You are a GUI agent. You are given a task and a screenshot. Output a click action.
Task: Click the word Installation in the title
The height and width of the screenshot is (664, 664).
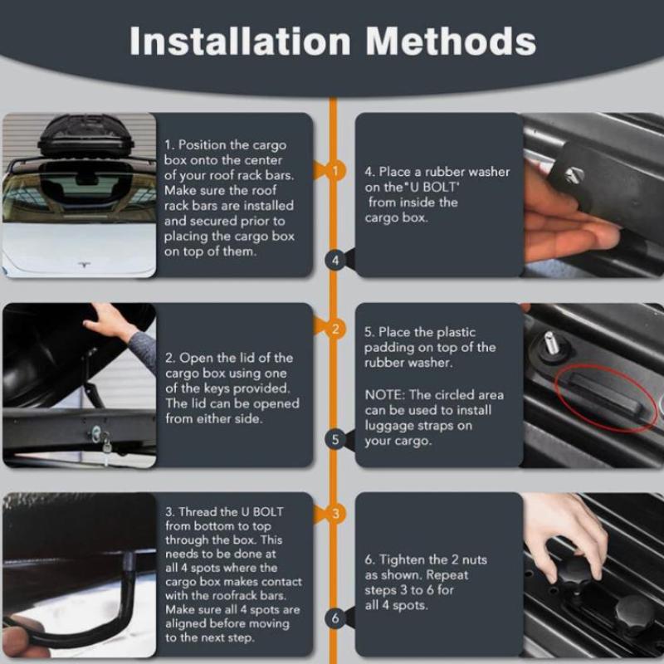click(x=240, y=41)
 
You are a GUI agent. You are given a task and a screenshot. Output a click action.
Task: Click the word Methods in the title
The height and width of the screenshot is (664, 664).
click(x=451, y=41)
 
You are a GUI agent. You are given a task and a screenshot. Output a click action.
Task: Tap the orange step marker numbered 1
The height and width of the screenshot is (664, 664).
click(x=335, y=171)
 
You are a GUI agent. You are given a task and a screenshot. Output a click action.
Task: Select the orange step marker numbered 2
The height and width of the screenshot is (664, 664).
click(x=335, y=329)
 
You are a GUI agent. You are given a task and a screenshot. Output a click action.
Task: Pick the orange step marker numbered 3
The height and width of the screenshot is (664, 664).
click(x=335, y=514)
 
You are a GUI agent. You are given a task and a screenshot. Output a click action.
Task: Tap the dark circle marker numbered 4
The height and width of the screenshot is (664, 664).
click(x=335, y=260)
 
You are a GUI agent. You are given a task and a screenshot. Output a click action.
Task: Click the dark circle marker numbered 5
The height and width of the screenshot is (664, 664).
click(x=335, y=440)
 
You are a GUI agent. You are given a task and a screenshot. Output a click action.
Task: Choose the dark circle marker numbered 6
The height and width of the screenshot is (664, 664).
click(x=335, y=618)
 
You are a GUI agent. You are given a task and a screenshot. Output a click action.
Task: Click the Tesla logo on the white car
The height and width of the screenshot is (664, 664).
click(x=85, y=265)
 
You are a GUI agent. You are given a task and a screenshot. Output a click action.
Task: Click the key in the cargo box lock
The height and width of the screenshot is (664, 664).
click(x=107, y=446)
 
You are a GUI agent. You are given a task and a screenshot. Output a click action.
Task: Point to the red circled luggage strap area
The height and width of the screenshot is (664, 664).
click(x=605, y=399)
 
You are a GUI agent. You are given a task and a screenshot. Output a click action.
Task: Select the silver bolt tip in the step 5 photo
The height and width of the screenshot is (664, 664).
click(x=550, y=343)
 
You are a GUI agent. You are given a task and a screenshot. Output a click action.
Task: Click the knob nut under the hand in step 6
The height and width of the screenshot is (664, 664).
click(x=574, y=573)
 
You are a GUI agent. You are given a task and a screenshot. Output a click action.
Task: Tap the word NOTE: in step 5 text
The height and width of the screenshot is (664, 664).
click(x=385, y=395)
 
